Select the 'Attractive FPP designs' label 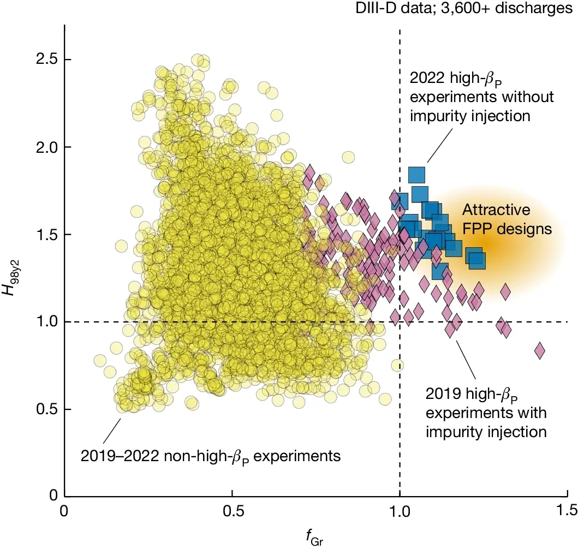click(507, 219)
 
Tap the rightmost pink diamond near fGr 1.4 click(540, 350)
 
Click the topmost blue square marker click(416, 175)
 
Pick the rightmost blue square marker click(477, 261)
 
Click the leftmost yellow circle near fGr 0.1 click(100, 361)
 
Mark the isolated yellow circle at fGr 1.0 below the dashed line click(397, 366)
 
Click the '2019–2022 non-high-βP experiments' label click(211, 455)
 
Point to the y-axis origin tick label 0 click(53, 496)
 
